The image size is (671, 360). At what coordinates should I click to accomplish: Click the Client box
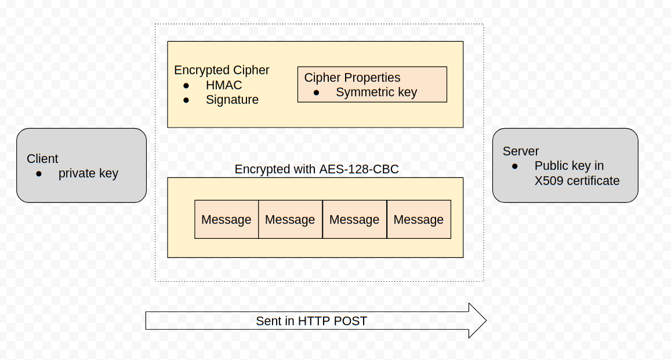click(x=81, y=165)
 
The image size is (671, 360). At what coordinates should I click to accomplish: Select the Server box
click(x=565, y=165)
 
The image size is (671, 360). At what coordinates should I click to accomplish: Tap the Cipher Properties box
click(x=372, y=85)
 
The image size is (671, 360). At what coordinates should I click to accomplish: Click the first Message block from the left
click(x=226, y=220)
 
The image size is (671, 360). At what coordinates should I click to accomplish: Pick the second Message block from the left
click(x=290, y=220)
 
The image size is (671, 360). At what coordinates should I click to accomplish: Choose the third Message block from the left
click(x=354, y=220)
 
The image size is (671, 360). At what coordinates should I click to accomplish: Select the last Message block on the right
click(x=419, y=220)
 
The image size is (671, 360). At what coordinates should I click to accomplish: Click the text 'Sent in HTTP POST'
click(x=311, y=321)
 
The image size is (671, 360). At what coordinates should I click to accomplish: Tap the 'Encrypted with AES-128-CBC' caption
click(x=317, y=169)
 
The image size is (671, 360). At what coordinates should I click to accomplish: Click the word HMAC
click(x=224, y=85)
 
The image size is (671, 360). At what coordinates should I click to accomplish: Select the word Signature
click(x=232, y=100)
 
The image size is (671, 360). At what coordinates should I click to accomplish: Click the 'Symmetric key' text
click(x=376, y=92)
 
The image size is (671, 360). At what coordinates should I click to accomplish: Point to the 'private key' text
click(x=88, y=173)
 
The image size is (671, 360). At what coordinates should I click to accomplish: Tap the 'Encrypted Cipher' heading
click(x=222, y=70)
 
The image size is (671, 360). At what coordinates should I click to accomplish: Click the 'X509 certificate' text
click(x=577, y=181)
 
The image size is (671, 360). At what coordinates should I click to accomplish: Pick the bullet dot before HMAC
click(x=186, y=85)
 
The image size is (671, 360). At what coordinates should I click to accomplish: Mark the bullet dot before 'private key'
click(x=39, y=173)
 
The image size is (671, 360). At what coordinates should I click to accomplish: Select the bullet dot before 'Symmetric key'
click(x=316, y=93)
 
